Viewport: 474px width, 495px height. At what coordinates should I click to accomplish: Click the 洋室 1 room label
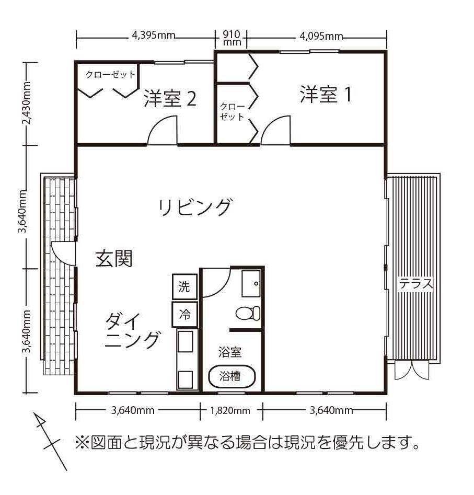tap(325, 94)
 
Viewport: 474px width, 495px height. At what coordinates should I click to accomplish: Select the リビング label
tap(194, 207)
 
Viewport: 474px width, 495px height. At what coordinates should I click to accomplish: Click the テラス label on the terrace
tap(417, 284)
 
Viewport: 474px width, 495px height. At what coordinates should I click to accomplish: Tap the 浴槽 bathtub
tap(232, 376)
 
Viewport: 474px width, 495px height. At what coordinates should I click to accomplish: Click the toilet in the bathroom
tap(247, 313)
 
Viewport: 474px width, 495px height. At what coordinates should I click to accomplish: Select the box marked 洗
tap(184, 286)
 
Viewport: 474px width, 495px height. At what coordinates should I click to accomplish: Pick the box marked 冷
tap(184, 315)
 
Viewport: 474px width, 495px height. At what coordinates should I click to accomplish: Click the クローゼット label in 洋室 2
tap(110, 74)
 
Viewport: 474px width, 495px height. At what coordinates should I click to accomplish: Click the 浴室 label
tap(230, 352)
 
